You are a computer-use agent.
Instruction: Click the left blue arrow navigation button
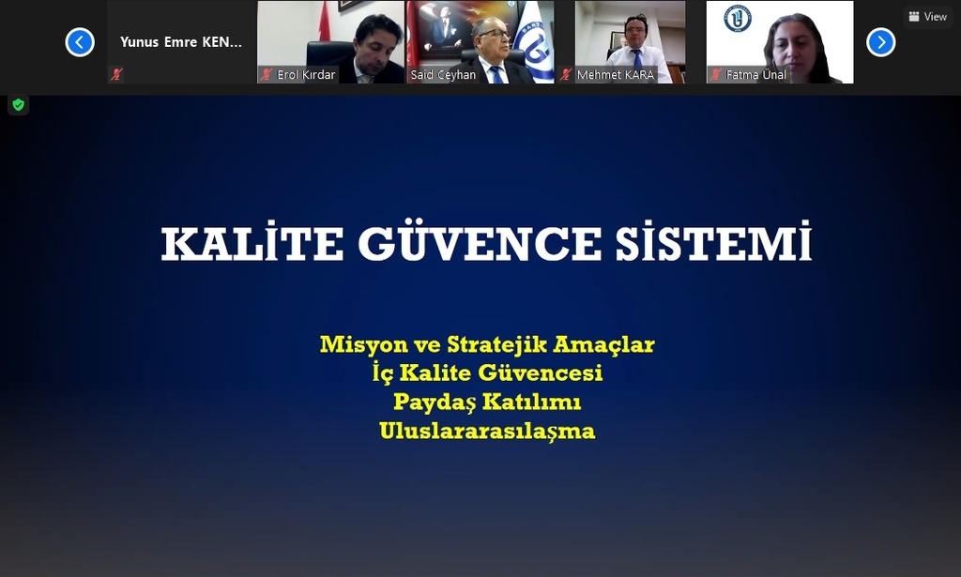pos(80,42)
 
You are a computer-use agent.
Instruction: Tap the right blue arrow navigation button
pos(880,42)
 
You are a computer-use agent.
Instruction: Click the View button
pos(927,17)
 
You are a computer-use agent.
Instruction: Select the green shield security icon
pos(19,105)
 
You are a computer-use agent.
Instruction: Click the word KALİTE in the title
pos(252,243)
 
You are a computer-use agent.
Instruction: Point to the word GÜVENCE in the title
pos(480,243)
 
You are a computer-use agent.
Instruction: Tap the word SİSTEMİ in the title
pos(713,243)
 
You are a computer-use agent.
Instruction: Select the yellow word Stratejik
pos(496,344)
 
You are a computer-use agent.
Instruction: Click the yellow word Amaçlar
pos(603,345)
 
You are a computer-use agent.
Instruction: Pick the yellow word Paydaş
pos(435,402)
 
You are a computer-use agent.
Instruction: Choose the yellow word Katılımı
pos(531,402)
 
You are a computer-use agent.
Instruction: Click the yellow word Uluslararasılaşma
pos(487,432)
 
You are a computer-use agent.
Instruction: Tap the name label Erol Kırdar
pos(306,75)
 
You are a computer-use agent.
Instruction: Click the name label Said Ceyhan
pos(443,75)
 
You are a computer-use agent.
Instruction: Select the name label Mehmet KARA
pos(616,75)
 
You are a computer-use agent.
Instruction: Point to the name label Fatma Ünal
pos(755,75)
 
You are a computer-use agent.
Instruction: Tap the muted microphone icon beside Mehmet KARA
pos(566,75)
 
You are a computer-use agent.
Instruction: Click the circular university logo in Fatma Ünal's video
pos(738,19)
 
